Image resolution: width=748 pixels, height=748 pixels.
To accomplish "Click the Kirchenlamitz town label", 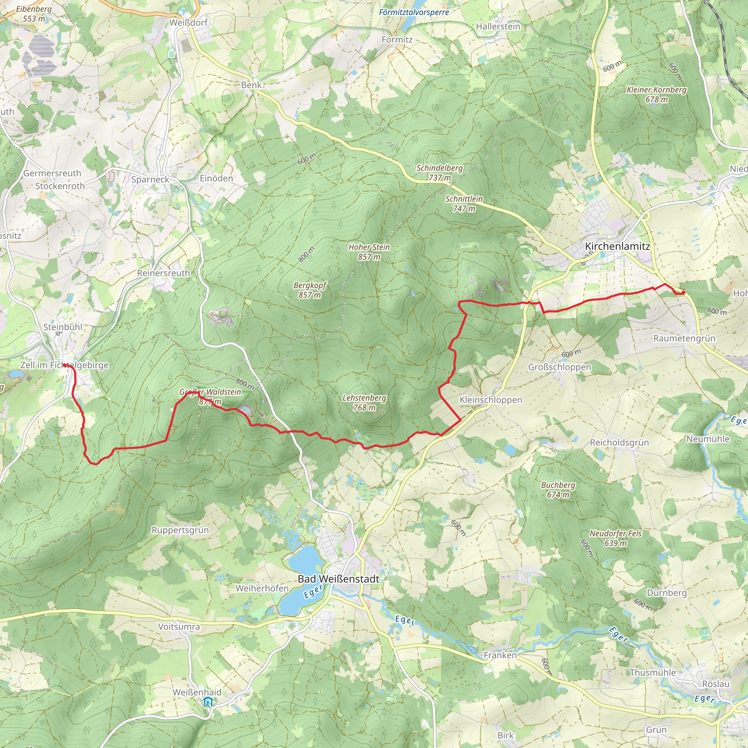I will (617, 246).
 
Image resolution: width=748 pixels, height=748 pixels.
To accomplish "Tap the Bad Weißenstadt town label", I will (338, 579).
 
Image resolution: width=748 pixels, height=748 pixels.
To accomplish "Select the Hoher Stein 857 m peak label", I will (369, 252).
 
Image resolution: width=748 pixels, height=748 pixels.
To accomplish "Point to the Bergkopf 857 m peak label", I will (310, 290).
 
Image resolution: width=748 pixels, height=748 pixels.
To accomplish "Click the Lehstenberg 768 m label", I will (364, 402).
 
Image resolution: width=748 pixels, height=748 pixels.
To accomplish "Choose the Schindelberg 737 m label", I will (439, 173).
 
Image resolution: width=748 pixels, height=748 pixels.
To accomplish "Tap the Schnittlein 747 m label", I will (464, 204).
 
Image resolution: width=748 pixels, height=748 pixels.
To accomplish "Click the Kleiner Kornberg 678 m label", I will (656, 95).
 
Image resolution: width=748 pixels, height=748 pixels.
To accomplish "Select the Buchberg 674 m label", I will (558, 489).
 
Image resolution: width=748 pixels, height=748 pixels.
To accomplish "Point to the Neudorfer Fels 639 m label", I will (615, 538).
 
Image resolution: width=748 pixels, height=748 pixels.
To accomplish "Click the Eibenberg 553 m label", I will (34, 14).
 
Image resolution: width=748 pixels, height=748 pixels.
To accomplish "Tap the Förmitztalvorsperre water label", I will (414, 12).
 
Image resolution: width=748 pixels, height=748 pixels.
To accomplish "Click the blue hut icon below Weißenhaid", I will (208, 702).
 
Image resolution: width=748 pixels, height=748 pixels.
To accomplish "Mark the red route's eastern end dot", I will (683, 293).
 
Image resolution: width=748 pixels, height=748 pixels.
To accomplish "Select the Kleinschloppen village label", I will (491, 400).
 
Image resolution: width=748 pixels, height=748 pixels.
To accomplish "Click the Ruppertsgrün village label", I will (180, 530).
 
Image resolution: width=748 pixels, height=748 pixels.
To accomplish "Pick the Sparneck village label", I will (150, 179).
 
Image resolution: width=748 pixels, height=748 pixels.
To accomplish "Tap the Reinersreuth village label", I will (163, 273).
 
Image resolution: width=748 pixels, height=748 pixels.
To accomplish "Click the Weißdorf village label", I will (188, 22).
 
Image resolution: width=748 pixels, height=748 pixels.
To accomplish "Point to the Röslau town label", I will (715, 684).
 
